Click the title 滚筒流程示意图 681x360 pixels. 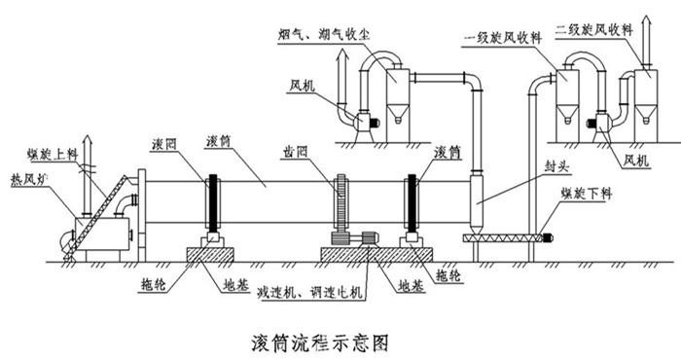point(320,341)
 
